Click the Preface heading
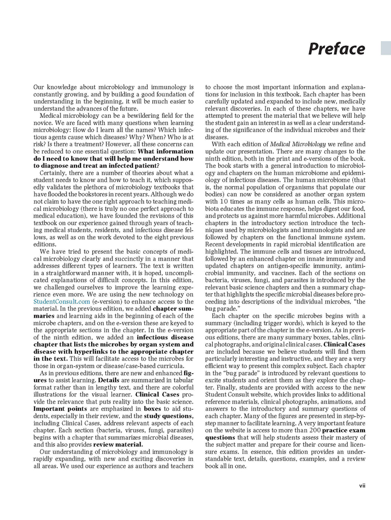tap(337, 49)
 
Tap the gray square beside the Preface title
tap(386, 48)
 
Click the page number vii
tap(362, 485)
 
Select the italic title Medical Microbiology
tap(294, 144)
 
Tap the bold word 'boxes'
tap(154, 408)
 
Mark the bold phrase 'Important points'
tap(56, 408)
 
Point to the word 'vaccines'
tap(283, 272)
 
